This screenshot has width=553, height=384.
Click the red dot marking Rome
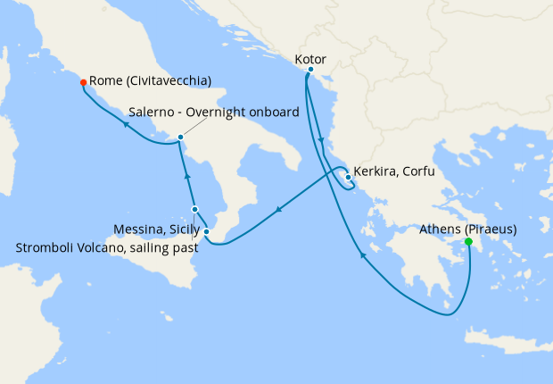click(x=83, y=82)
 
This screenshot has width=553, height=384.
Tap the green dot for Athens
click(x=468, y=241)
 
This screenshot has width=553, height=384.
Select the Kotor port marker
click(x=310, y=70)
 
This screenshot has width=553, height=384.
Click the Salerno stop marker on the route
click(x=180, y=138)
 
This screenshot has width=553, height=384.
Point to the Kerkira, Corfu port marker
click(x=347, y=177)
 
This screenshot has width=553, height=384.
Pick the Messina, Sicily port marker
click(x=206, y=232)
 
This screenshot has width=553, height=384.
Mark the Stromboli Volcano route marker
click(x=194, y=210)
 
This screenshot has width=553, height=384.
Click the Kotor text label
click(x=310, y=59)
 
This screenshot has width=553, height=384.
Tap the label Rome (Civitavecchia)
click(x=150, y=81)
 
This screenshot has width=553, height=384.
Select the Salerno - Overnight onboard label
click(x=212, y=113)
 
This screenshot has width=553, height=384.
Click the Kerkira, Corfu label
click(x=393, y=171)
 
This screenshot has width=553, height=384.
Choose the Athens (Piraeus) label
click(x=467, y=229)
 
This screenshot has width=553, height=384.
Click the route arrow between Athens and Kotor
click(x=362, y=256)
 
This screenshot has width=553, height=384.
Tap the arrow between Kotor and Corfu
click(x=320, y=140)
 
